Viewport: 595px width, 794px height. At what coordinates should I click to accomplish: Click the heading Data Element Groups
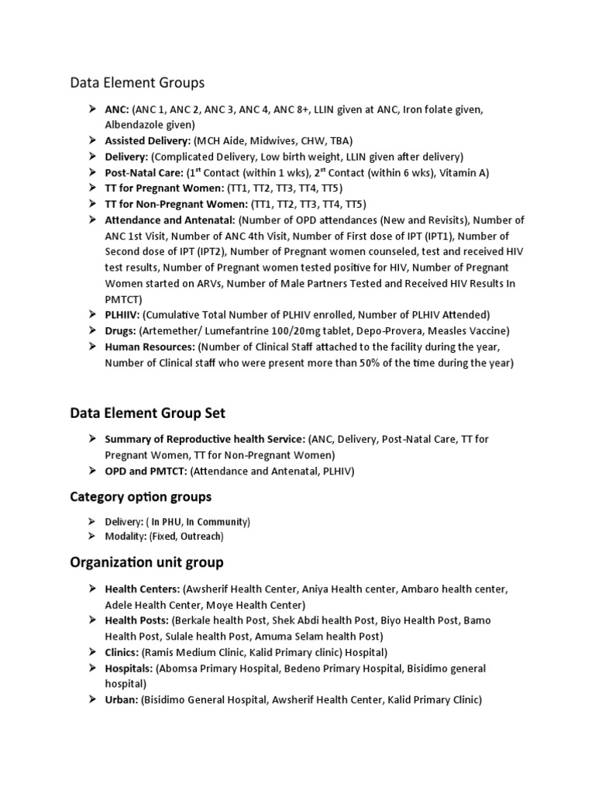point(137,82)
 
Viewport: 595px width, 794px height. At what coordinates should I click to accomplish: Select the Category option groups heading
point(140,496)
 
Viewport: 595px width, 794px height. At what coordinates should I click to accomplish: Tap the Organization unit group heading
point(146,562)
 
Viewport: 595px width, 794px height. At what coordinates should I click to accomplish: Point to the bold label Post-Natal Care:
point(144,173)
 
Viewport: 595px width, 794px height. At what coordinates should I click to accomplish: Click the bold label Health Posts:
point(136,620)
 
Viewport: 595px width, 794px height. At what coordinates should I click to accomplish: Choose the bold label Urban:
point(122,699)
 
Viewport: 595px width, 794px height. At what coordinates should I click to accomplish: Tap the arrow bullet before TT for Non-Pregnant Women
point(91,205)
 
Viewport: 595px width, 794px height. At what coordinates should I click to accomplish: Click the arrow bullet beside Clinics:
point(91,652)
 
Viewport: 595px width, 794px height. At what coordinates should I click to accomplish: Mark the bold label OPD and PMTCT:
point(146,471)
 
